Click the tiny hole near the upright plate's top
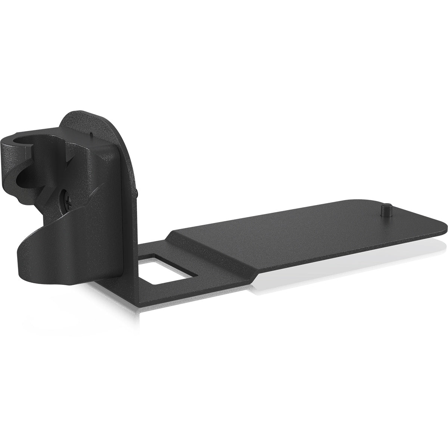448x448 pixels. click(92, 133)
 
